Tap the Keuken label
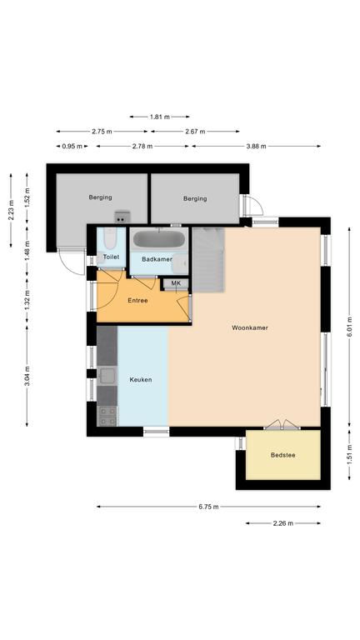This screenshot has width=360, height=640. point(140,380)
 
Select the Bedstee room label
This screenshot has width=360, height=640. point(282,455)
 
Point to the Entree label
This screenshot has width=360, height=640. point(137,300)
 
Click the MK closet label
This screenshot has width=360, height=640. point(176,283)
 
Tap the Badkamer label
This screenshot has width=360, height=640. point(157,259)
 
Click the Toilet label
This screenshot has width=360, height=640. point(111,257)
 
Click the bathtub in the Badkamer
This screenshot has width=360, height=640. point(159,239)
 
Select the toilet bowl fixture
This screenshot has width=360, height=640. point(110,238)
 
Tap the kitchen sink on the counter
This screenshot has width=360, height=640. point(107,376)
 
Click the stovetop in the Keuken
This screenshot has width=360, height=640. point(107,416)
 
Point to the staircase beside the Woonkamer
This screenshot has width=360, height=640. point(208,260)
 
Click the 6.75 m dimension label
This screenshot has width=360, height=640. point(208,507)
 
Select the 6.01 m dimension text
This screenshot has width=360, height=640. point(349,327)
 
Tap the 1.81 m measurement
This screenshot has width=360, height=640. point(160,117)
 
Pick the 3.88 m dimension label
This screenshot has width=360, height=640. point(257,146)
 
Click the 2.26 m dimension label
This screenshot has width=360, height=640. point(283,523)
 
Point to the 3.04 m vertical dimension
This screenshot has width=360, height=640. point(27,376)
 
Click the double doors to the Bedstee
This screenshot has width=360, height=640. point(282,425)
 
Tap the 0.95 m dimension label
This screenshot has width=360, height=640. point(72,146)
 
